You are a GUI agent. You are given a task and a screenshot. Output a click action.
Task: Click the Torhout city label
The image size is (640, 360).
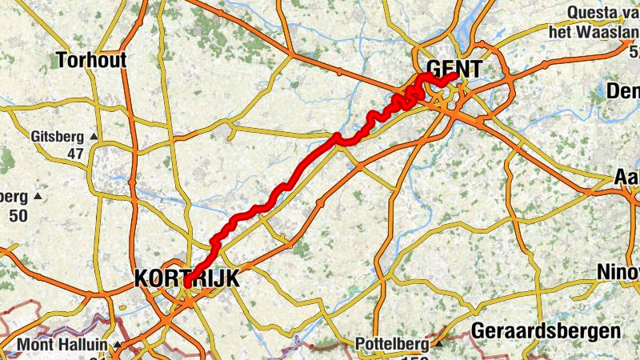click(x=93, y=59)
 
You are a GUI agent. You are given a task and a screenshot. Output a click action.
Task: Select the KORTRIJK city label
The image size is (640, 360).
click(x=187, y=278)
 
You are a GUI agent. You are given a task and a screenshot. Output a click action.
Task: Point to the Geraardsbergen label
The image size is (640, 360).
click(x=546, y=330)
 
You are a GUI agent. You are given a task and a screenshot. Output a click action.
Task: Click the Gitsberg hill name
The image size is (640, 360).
click(x=58, y=137)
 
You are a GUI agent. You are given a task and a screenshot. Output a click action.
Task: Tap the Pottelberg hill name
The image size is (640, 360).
click(x=392, y=345)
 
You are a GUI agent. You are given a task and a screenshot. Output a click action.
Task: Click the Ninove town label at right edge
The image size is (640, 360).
click(x=618, y=272)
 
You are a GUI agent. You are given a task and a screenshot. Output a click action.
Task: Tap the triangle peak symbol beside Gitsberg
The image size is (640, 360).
click(x=94, y=138)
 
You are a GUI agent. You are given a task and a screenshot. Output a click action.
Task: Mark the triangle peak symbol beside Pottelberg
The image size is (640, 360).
click(x=438, y=345)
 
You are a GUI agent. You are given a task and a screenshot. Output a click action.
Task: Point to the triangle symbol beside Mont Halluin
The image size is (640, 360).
click(x=117, y=346)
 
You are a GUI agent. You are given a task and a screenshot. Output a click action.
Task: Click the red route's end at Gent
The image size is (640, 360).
click(x=454, y=76)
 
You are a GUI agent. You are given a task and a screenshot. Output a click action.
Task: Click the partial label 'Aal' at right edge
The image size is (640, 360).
click(x=626, y=177)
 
